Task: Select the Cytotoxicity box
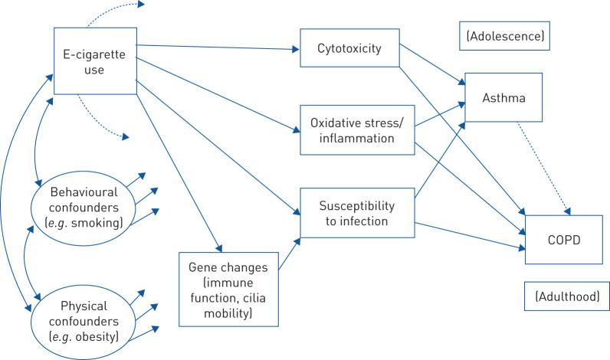point(349,49)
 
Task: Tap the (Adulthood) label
point(562,296)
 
